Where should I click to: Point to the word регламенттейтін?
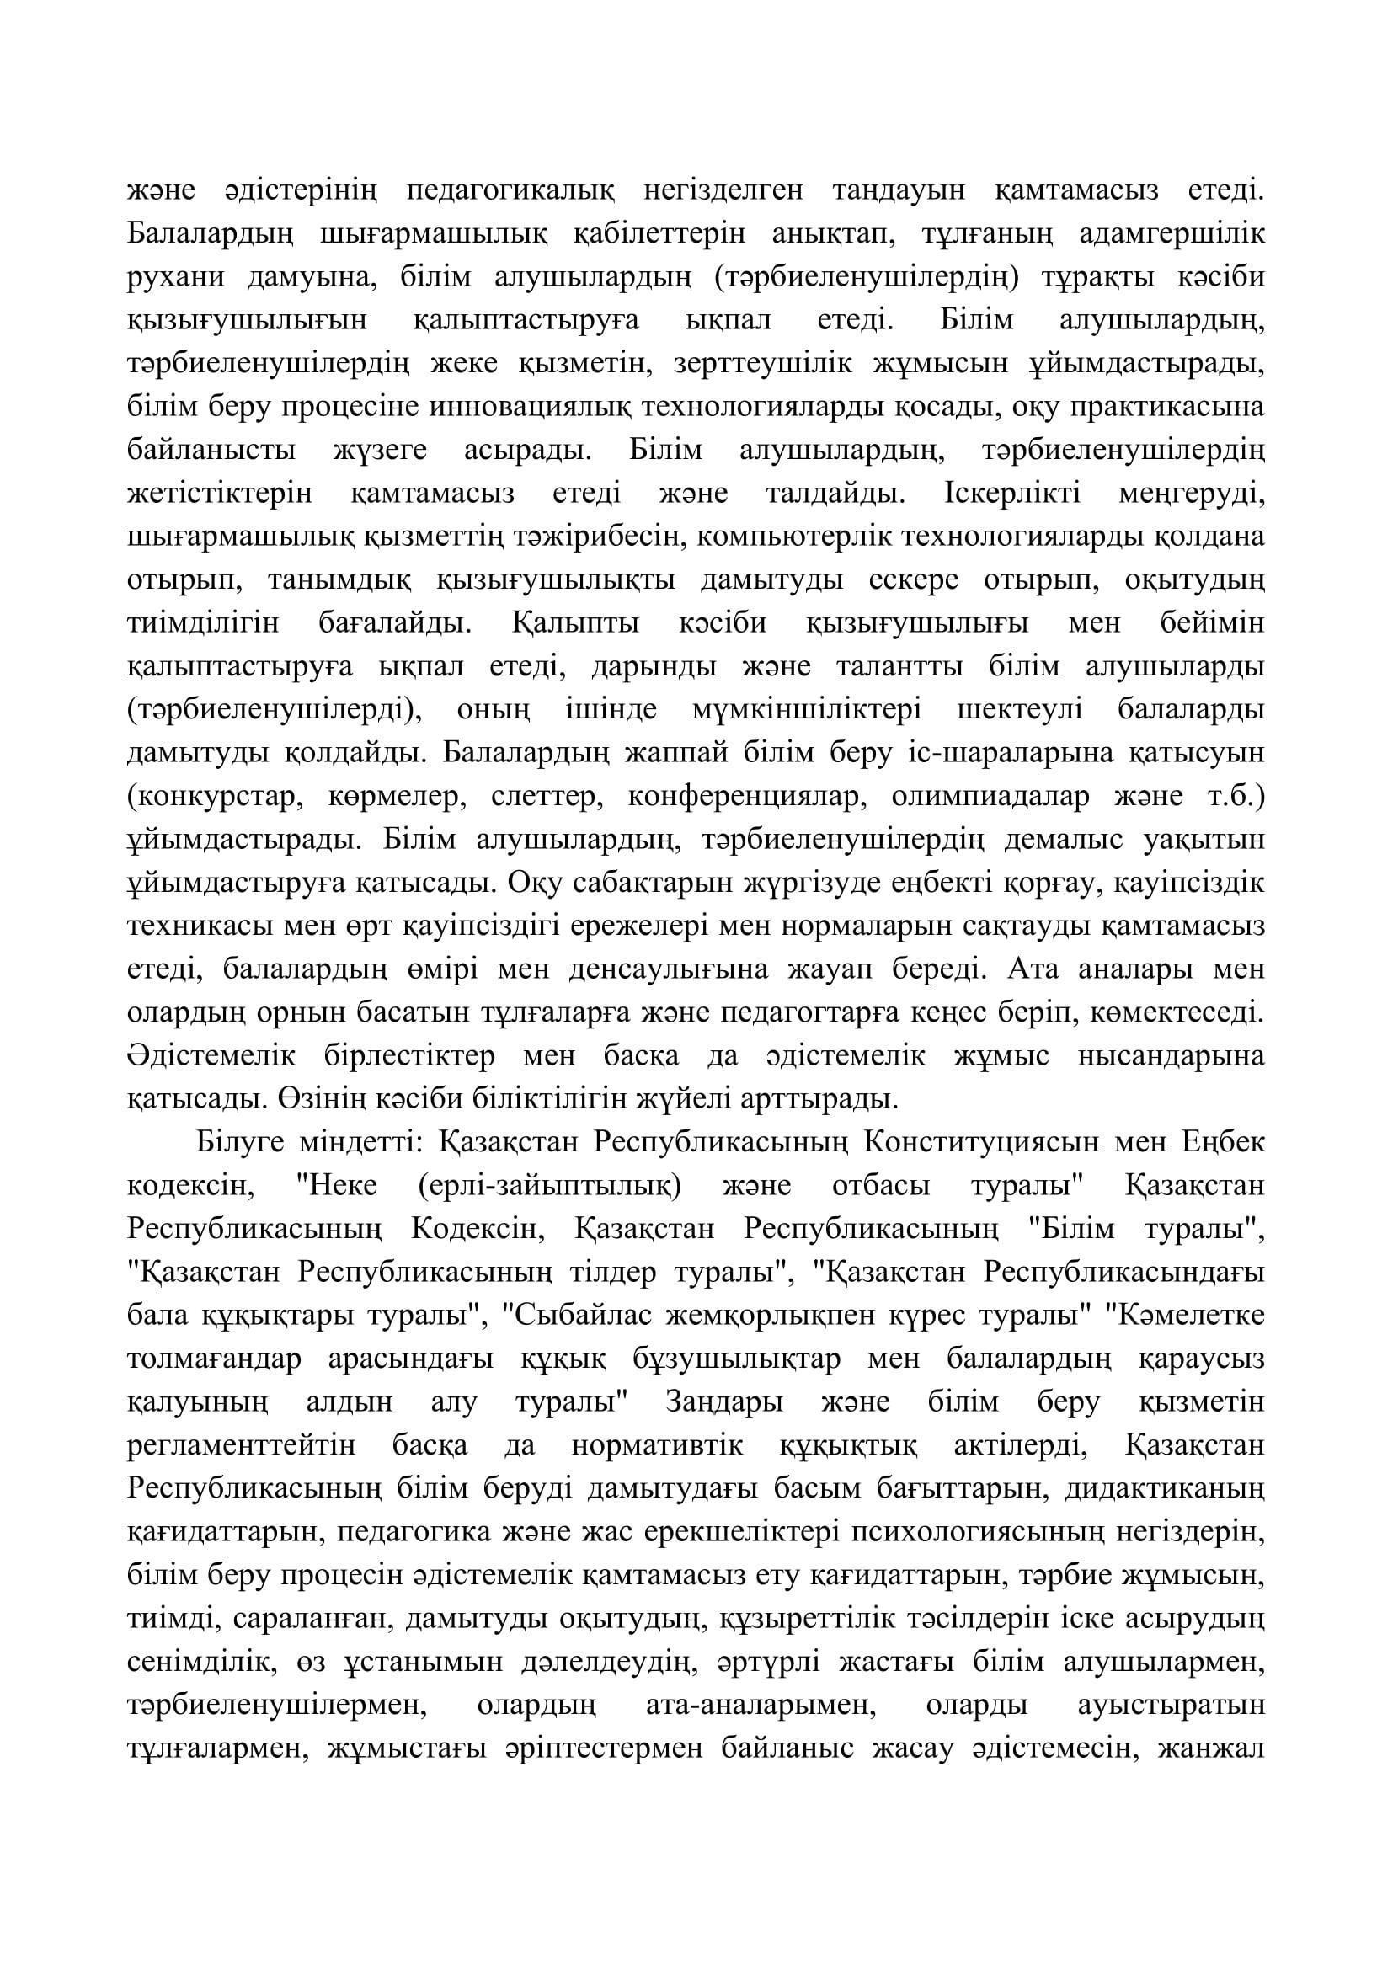(x=241, y=1447)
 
